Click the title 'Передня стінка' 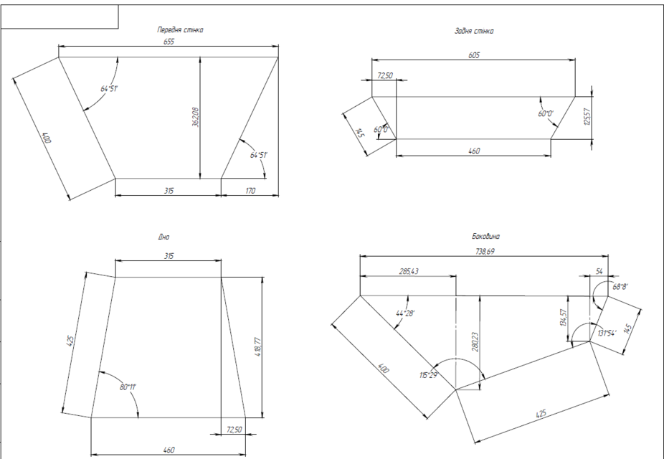tap(181, 30)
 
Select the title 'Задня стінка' tap(474, 32)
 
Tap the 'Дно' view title tap(163, 236)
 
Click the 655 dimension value tap(168, 42)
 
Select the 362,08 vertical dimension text tap(194, 118)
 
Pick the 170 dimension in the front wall tap(250, 191)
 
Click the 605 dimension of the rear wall tap(474, 55)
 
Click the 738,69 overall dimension tap(485, 252)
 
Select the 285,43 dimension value tap(407, 271)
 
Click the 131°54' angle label tap(608, 333)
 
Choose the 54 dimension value tap(600, 272)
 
